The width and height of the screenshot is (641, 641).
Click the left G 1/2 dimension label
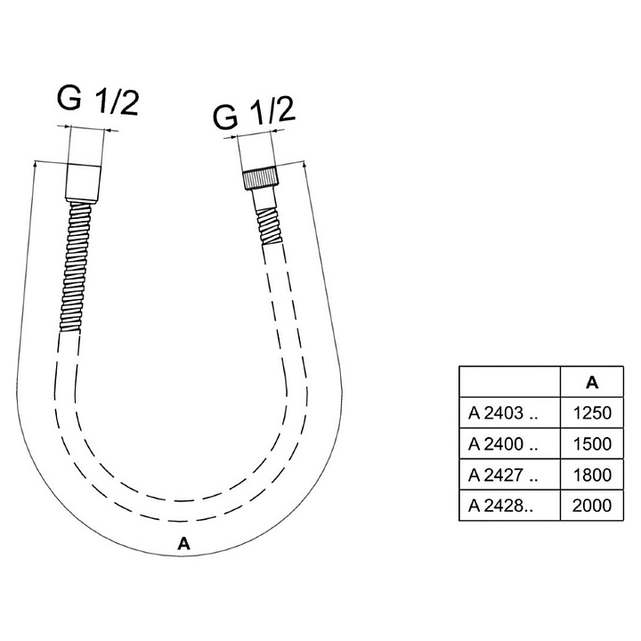[98, 101]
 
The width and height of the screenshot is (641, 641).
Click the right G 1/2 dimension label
[254, 113]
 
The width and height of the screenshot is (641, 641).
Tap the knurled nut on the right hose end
[260, 179]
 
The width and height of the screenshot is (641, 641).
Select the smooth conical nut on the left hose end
[83, 183]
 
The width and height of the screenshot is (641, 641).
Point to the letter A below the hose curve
[184, 544]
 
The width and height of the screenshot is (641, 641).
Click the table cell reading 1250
[592, 413]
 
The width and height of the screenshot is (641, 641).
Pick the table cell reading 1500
[592, 443]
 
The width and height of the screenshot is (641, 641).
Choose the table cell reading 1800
[592, 475]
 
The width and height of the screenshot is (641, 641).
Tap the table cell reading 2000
[592, 506]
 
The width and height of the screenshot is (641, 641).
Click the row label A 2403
[503, 413]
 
